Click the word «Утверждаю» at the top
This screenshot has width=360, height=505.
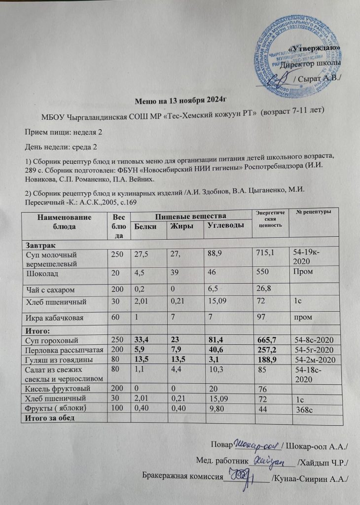coord(316,48)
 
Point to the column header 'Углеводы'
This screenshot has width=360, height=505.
coord(224,226)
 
